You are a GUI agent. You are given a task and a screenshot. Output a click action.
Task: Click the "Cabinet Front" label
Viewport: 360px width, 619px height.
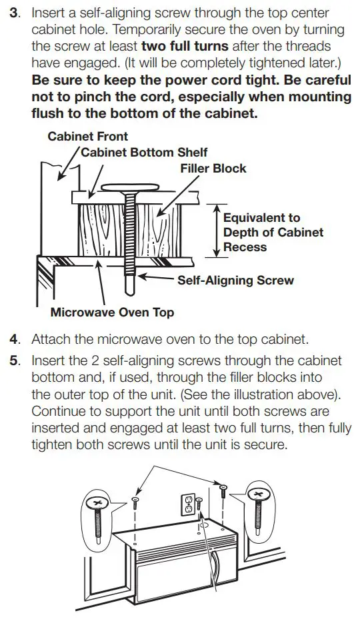click(88, 137)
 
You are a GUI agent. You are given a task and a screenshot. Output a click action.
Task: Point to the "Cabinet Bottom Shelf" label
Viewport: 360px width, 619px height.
click(144, 153)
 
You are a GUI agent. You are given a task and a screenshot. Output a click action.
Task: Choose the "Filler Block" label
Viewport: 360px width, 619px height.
click(213, 169)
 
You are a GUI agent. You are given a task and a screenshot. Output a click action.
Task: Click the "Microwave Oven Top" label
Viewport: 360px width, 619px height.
click(113, 312)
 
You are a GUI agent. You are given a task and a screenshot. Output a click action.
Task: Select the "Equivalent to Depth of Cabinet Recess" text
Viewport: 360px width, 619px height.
click(273, 232)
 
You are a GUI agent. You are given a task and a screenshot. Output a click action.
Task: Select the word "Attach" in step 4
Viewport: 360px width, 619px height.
click(51, 339)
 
